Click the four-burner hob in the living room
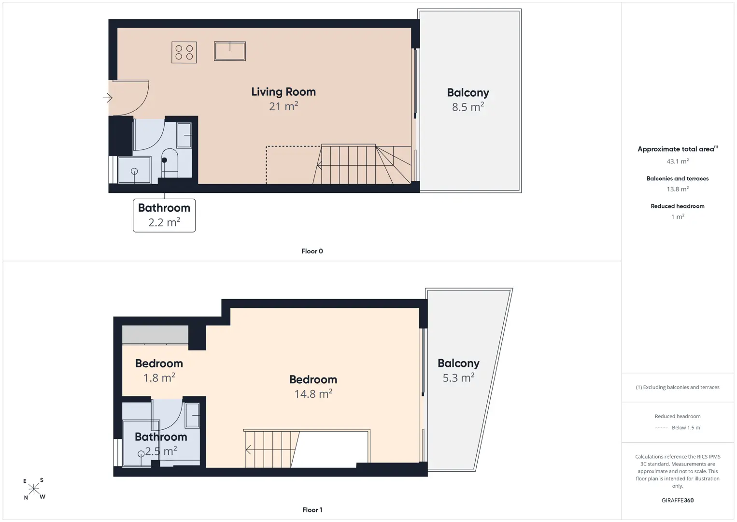tap(184, 52)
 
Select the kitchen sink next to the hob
tap(230, 51)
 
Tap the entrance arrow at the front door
tap(108, 98)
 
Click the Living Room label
tap(283, 92)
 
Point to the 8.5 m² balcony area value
tap(468, 107)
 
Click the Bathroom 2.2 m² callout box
tap(164, 216)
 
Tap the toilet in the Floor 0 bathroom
tap(170, 163)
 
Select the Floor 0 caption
tap(312, 251)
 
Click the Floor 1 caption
tap(312, 510)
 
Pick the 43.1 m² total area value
tap(678, 161)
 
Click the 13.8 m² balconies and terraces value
tap(678, 189)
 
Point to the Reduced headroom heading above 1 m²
tap(678, 206)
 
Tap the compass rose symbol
tap(33, 489)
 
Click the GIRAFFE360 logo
tap(678, 500)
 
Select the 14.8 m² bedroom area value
tap(313, 394)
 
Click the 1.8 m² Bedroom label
tap(159, 371)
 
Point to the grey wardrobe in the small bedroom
tap(155, 334)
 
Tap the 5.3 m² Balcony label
tap(458, 371)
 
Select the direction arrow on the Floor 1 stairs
tap(248, 449)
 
